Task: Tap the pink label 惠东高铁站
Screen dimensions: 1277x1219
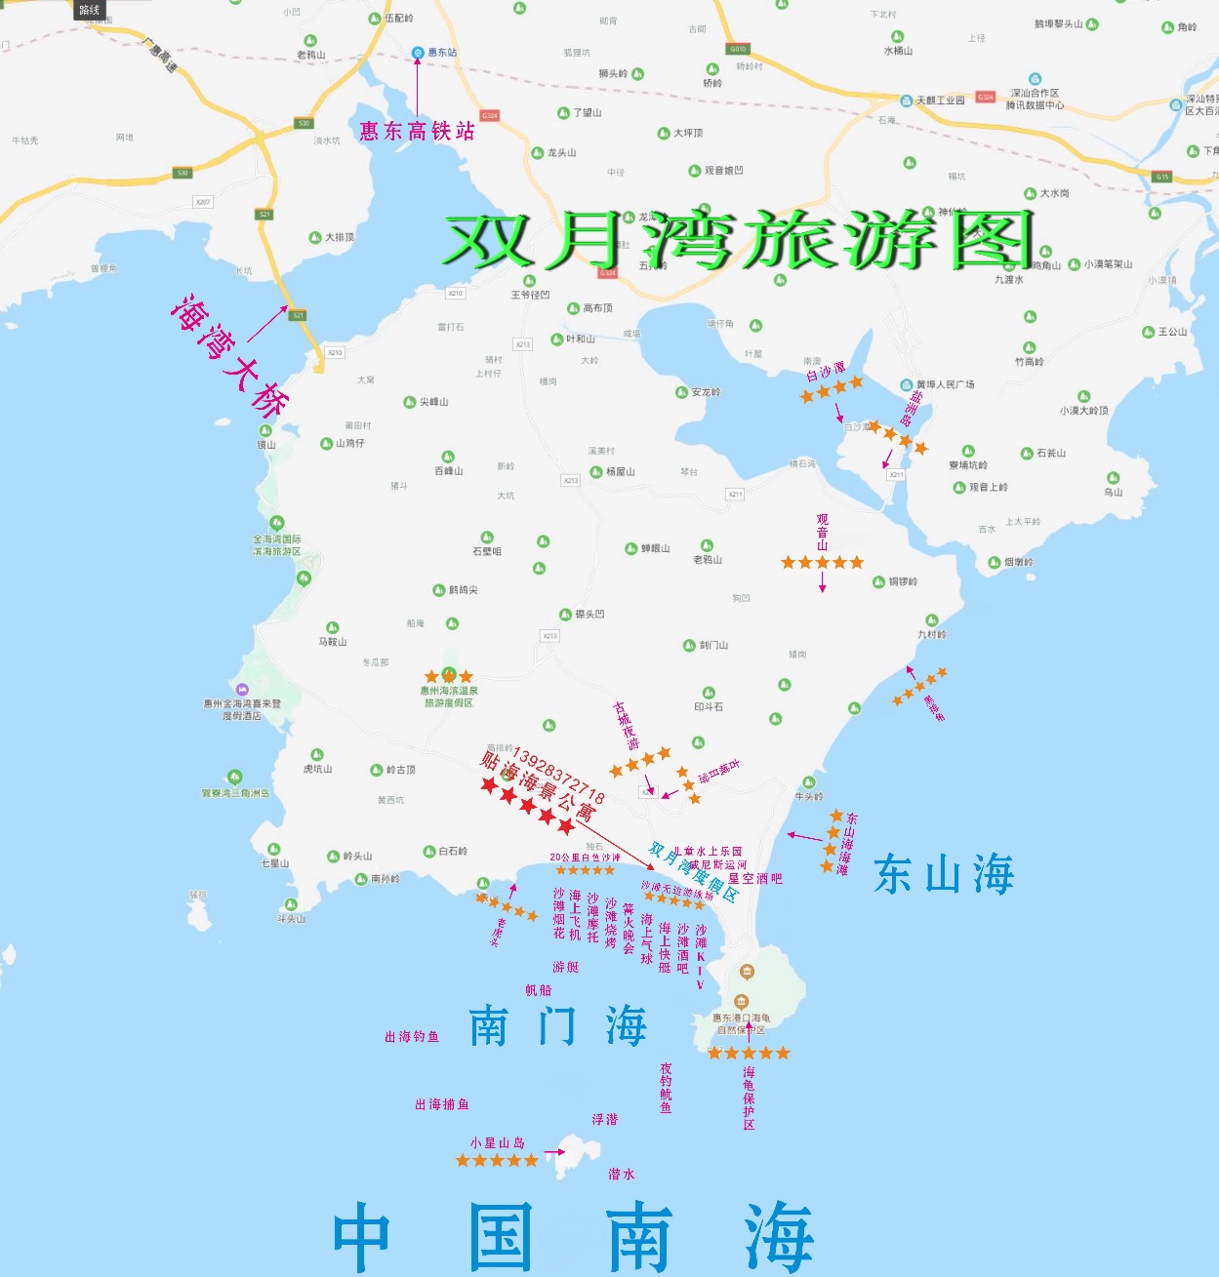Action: tap(417, 131)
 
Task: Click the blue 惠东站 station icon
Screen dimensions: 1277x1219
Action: tap(418, 52)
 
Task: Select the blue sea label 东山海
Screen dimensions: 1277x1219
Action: tap(944, 874)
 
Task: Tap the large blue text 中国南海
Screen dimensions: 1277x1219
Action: tap(573, 1237)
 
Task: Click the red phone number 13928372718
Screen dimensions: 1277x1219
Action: tap(557, 777)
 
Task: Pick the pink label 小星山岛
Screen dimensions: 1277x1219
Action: tap(497, 1142)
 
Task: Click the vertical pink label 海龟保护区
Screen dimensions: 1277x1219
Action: tap(749, 1098)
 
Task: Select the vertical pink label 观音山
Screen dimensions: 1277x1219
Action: tap(822, 532)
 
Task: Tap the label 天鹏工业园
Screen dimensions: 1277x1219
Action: tap(939, 100)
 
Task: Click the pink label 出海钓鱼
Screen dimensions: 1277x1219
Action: tap(412, 1037)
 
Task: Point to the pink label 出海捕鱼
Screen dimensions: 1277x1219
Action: tap(442, 1104)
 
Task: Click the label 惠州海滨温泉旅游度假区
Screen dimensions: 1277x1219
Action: tap(449, 697)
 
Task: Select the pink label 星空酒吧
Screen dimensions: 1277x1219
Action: tap(755, 878)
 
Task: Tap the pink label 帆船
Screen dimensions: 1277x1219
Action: tap(539, 990)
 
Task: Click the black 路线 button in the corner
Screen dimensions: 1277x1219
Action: tap(89, 10)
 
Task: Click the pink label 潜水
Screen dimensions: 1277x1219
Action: tap(622, 1175)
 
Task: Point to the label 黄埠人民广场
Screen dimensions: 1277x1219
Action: tap(945, 384)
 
